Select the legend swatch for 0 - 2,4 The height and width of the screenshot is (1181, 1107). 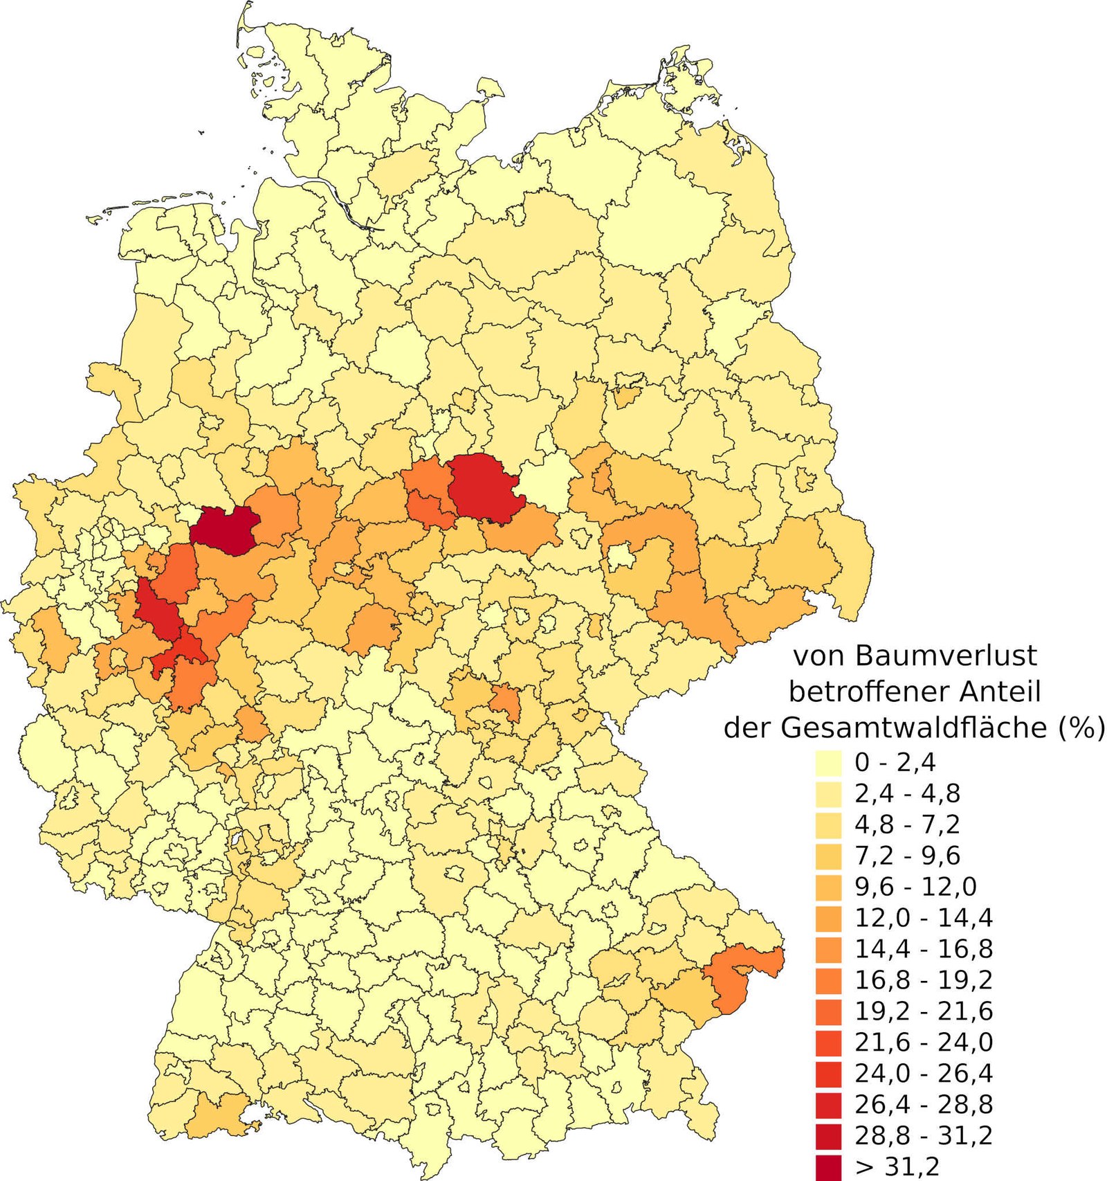tap(828, 762)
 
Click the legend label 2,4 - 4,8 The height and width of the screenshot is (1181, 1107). tap(907, 793)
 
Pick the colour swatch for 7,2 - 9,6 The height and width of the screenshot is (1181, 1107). tap(828, 856)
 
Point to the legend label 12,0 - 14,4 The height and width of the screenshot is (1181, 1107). tap(923, 918)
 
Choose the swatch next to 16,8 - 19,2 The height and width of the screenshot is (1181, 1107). tap(828, 981)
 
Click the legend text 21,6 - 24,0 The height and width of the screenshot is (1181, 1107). tap(923, 1043)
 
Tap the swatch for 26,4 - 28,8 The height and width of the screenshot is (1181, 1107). tap(828, 1106)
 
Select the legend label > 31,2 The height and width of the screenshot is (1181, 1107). tap(897, 1167)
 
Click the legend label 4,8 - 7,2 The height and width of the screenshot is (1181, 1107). tap(907, 824)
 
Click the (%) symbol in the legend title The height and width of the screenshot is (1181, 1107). tap(1081, 728)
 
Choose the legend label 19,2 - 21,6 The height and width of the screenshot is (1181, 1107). tap(923, 1011)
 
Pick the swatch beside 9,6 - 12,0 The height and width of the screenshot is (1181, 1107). tap(828, 887)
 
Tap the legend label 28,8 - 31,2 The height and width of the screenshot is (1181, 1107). tap(923, 1136)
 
